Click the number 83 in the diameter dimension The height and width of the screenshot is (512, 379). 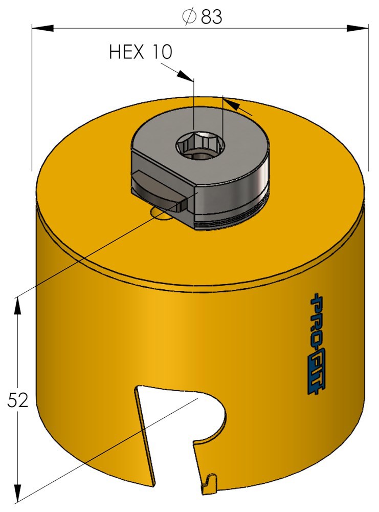211,16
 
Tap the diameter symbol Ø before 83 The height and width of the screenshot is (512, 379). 189,16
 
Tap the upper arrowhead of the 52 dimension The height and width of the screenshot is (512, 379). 18,307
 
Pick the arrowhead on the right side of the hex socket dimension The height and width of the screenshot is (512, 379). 233,105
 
